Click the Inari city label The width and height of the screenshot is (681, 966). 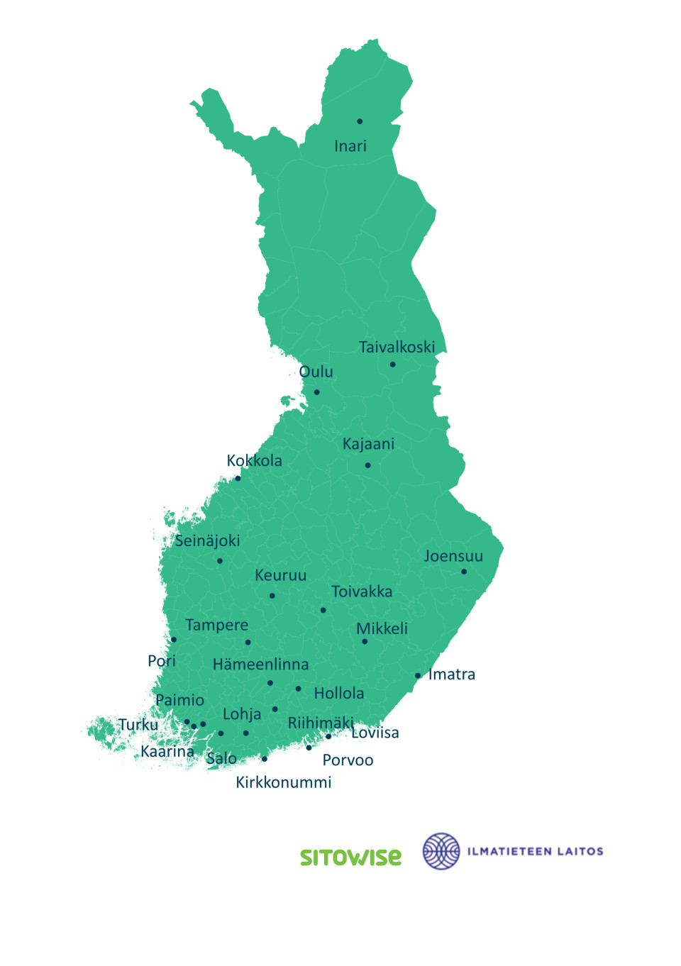point(350,146)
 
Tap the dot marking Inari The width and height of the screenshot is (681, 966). point(360,121)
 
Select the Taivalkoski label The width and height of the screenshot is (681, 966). point(397,348)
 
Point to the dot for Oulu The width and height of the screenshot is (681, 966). point(316,392)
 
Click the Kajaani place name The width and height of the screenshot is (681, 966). point(368,444)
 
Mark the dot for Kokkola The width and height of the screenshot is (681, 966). point(238,478)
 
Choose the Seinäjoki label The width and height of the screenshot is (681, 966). point(207,540)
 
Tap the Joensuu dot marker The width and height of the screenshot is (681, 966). point(464,572)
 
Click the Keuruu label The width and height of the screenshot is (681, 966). point(280,575)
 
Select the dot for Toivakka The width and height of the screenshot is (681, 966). point(323,610)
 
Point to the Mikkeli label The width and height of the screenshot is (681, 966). point(382,628)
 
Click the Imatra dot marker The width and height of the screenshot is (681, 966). point(418,676)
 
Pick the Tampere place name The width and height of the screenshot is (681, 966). point(216,625)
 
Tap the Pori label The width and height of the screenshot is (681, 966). point(161,661)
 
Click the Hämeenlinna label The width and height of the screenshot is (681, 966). point(260,665)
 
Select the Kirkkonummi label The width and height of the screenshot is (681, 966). point(283,782)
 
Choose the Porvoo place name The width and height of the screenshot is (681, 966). point(348,760)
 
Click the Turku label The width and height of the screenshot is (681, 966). point(138,725)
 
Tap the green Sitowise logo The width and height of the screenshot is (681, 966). point(350,857)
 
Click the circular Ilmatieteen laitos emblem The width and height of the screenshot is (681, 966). point(441,851)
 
